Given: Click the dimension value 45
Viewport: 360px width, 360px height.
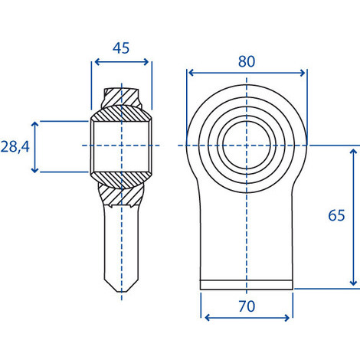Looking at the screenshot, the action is [x=121, y=48].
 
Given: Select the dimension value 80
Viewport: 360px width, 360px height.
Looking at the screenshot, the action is [x=247, y=61].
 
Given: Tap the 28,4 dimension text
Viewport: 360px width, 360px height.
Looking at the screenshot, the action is [x=15, y=147].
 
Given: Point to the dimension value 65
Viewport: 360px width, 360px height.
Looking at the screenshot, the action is [x=336, y=215].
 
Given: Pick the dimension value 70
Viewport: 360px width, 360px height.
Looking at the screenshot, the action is [x=247, y=306].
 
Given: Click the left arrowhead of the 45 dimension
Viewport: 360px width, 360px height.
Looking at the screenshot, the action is [x=97, y=62].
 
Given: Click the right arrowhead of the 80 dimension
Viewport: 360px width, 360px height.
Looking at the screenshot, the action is [x=303, y=73].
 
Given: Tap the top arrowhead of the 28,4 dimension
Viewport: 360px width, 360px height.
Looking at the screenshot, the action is [x=34, y=124].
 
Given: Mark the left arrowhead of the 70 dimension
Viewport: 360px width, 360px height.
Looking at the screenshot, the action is [x=208, y=318].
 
